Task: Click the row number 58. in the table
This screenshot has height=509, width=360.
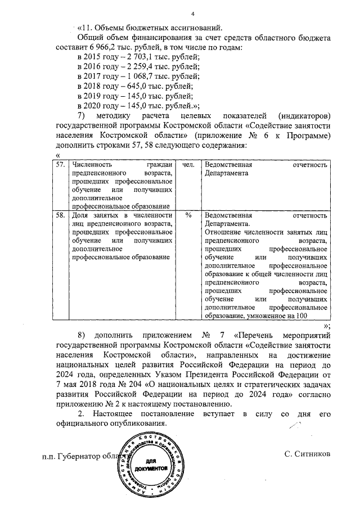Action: tap(61, 215)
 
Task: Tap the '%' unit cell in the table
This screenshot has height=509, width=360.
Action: tap(188, 216)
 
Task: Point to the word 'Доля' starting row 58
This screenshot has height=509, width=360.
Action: tap(82, 215)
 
